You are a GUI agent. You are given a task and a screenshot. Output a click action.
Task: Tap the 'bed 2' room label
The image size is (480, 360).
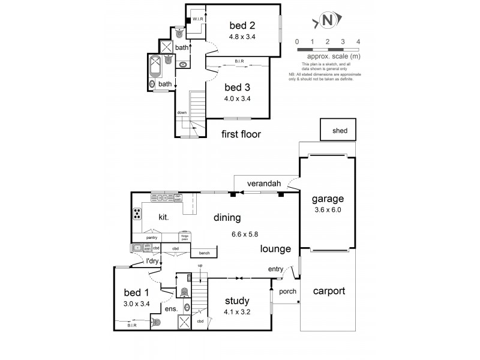point(243,26)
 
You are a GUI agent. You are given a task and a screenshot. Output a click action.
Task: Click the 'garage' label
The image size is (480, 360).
point(327,199)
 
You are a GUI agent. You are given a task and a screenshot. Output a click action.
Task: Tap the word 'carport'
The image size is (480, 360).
point(329,291)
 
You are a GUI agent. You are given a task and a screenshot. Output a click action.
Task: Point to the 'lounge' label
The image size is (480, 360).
point(275,248)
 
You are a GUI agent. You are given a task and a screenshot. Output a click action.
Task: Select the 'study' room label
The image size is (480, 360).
point(237,301)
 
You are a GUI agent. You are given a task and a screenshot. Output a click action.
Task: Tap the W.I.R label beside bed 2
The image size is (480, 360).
point(199,19)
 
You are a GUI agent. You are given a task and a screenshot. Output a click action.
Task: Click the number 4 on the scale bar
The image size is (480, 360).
point(358,41)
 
